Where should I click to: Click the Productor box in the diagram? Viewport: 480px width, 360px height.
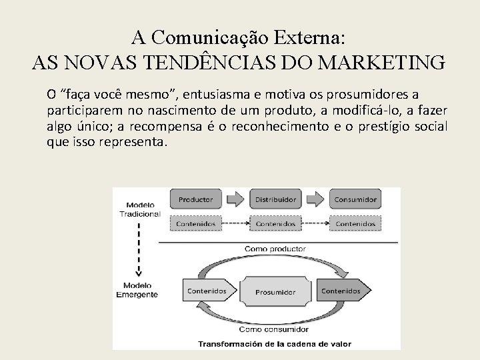(195, 199)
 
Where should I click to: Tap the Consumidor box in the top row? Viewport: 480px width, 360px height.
(355, 199)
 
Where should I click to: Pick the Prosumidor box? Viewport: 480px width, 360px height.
(274, 292)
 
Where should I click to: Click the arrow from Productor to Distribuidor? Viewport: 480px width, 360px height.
(235, 199)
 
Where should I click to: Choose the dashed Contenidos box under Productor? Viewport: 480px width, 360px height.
(195, 224)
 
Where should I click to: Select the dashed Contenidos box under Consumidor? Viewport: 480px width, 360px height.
(355, 224)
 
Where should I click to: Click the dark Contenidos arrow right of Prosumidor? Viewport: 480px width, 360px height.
(341, 291)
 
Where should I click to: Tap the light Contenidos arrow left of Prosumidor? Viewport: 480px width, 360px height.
(206, 291)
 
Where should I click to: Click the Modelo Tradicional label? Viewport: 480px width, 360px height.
(139, 209)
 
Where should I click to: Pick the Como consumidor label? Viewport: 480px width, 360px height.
(271, 329)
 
